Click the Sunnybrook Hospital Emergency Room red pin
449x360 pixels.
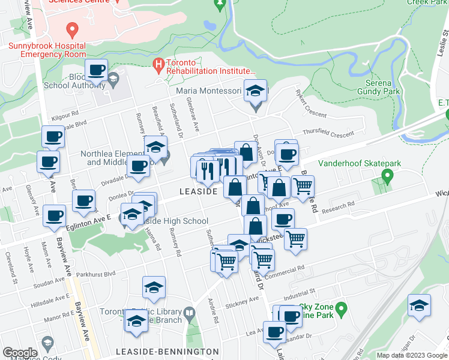click(x=73, y=29)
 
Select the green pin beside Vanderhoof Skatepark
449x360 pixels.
click(x=387, y=176)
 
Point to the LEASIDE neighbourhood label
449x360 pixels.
click(x=197, y=191)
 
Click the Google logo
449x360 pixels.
click(x=20, y=353)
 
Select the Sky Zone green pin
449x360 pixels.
click(x=341, y=310)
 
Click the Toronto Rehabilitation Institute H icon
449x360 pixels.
click(x=158, y=63)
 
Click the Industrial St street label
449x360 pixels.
click(x=300, y=292)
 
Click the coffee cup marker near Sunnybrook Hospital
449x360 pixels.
click(x=96, y=71)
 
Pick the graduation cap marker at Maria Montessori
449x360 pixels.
click(x=256, y=92)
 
